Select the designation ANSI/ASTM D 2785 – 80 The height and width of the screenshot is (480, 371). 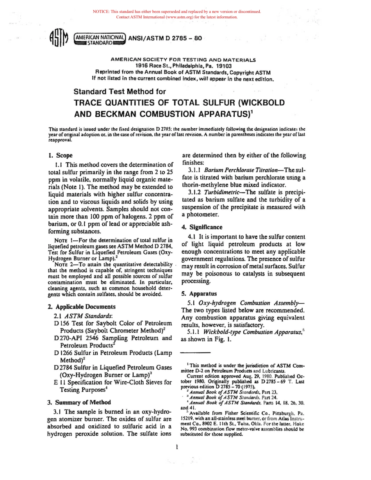pos(165,38)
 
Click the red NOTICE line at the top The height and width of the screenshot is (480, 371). pos(177,12)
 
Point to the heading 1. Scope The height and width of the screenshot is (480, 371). pos(60,155)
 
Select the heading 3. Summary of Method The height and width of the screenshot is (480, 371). pos(79,402)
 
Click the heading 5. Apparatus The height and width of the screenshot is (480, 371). pos(199,293)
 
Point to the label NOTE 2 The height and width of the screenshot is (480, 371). pos(62,265)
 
